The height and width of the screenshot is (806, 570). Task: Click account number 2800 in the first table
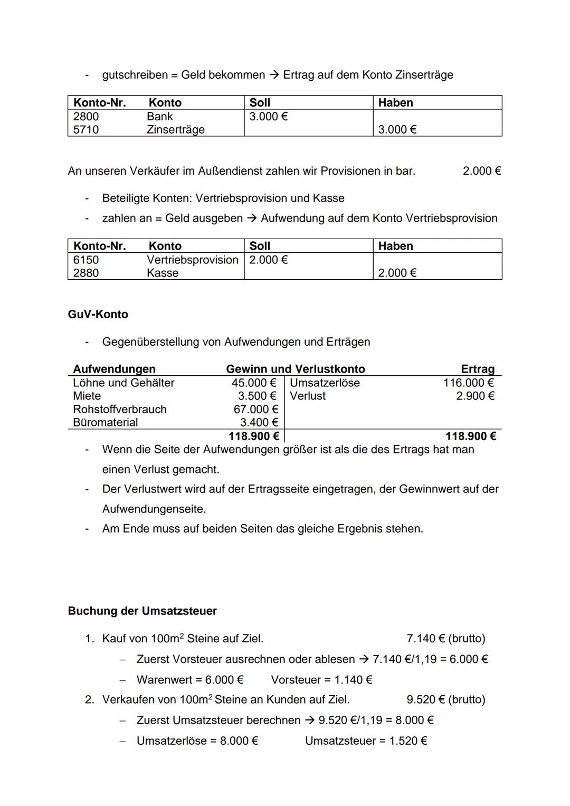coord(86,117)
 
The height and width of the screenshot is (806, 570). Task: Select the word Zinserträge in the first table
coord(175,130)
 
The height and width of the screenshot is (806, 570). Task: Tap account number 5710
coord(86,130)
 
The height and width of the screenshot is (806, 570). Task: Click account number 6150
coord(86,260)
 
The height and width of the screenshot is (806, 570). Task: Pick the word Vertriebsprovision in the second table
coord(192,260)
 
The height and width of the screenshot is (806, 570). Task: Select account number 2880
coord(86,273)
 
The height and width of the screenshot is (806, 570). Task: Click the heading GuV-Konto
coord(98,315)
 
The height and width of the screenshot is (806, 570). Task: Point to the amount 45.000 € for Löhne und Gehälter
coord(254,383)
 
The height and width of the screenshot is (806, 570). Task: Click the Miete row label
coord(87,396)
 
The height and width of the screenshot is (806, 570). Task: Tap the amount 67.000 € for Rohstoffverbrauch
coord(255,410)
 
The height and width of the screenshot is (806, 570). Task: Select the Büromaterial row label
coord(106,423)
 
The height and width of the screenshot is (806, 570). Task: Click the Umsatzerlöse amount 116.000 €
coord(468,383)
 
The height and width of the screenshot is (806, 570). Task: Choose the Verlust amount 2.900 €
coord(475,396)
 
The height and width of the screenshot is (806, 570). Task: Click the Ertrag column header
coord(478,369)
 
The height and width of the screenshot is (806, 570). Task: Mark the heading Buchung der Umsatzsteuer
coord(142,611)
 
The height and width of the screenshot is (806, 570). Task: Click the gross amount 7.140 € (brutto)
coord(446,639)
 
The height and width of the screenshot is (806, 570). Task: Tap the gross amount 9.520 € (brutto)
coord(446,700)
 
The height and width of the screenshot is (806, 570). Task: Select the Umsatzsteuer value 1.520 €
coord(408,741)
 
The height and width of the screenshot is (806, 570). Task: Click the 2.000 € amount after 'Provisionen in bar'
coord(482,172)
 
